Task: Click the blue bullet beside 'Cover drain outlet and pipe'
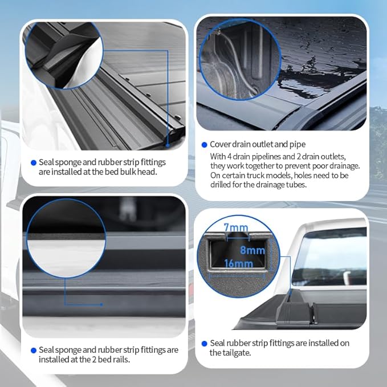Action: click(204, 145)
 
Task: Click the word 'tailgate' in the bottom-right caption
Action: click(225, 353)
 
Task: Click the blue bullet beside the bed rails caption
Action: click(34, 350)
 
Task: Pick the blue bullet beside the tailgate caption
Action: click(204, 344)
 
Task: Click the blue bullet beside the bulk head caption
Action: click(34, 163)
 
